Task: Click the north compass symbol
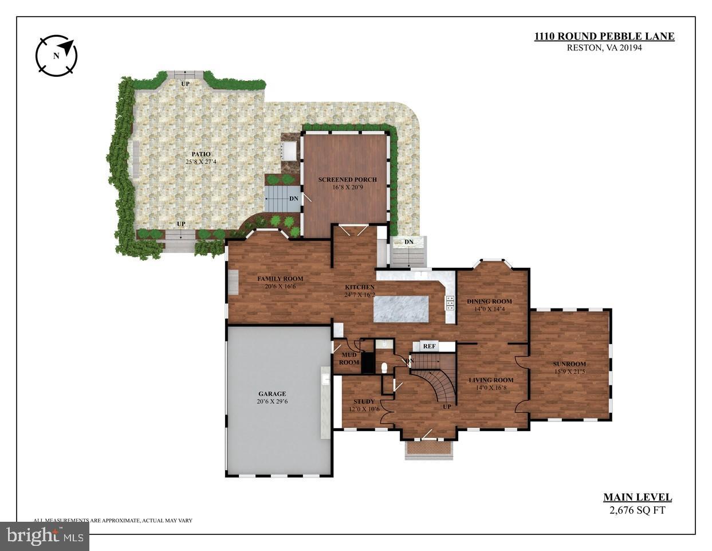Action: point(56,56)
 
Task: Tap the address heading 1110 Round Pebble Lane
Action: point(604,37)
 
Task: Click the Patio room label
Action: point(200,154)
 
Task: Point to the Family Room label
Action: point(280,279)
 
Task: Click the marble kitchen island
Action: point(401,309)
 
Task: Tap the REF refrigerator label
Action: point(429,346)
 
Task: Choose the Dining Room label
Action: point(489,302)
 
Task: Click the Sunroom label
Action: point(569,364)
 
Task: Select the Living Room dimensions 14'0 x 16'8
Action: point(491,388)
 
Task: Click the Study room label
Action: point(364,401)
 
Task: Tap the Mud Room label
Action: point(348,359)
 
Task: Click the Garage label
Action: point(272,394)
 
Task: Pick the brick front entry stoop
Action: point(428,448)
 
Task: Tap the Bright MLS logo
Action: point(44,536)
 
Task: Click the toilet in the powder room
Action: point(385,367)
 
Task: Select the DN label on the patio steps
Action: point(293,198)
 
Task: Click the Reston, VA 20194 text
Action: point(604,48)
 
